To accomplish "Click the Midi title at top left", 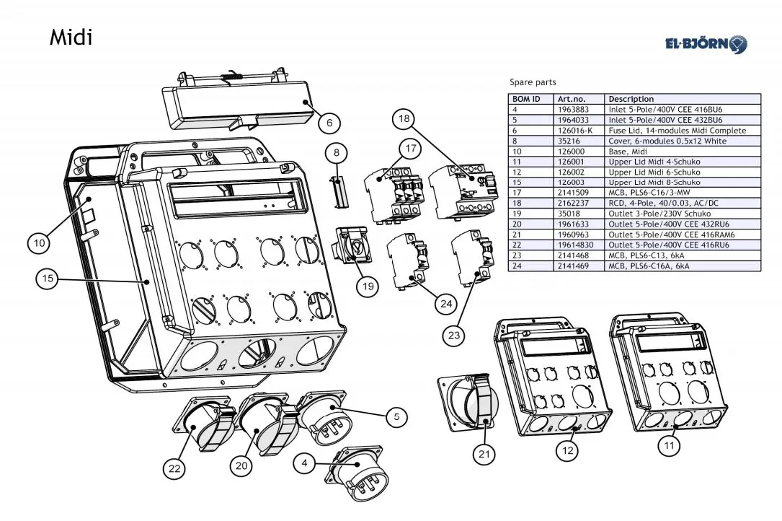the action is point(71,38).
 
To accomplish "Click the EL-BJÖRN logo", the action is point(706,44).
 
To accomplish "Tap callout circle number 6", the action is point(329,123).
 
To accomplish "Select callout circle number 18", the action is point(404,119).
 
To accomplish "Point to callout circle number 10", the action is point(40,243).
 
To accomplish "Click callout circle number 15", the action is point(48,279).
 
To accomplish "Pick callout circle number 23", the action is point(454,335).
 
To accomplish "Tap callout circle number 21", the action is point(484,454).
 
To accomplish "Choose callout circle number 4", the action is point(305,463).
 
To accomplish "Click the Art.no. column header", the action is point(572,99).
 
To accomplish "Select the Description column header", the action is point(631,99).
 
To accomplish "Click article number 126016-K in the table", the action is point(575,131).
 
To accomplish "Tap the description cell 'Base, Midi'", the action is point(627,152).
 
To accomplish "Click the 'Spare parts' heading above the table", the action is point(533,82).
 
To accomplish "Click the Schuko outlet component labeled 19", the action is point(352,246).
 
